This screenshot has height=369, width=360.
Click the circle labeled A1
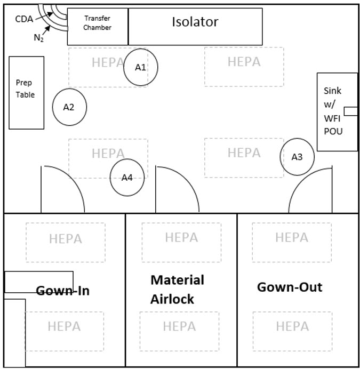140,67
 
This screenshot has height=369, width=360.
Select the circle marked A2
69,107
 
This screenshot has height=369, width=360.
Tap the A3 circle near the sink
297,157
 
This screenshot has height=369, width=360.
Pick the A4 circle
127,178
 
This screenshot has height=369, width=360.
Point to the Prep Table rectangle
26,92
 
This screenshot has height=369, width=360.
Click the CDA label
23,19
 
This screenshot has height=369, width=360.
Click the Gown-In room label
62,291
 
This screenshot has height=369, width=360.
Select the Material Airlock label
178,289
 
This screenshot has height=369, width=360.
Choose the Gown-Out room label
290,287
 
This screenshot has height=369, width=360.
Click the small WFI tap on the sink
350,111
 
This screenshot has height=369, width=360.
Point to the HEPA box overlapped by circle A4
108,154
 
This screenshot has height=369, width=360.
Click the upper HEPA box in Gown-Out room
292,237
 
